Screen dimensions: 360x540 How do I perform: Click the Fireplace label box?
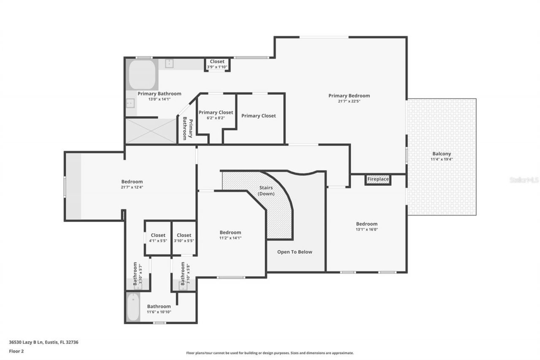(x=378, y=179)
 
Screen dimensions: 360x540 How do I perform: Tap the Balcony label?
(x=441, y=154)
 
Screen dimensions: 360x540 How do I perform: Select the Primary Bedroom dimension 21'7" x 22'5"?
(x=349, y=101)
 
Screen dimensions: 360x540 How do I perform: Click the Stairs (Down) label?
(x=266, y=191)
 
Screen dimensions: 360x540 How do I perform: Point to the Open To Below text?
(x=294, y=252)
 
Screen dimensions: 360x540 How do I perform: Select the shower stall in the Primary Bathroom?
(x=151, y=131)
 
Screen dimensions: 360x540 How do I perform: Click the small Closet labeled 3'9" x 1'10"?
(x=217, y=64)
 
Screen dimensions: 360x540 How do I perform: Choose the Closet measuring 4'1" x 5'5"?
(x=158, y=238)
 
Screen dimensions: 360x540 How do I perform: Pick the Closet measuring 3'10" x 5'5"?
(x=184, y=238)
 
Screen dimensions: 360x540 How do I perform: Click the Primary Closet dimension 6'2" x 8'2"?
(x=216, y=118)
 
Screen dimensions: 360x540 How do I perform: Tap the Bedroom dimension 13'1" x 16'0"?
(x=366, y=230)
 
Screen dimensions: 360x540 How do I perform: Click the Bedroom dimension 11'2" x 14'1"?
(x=230, y=238)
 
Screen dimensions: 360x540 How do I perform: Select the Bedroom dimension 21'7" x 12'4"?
(x=132, y=187)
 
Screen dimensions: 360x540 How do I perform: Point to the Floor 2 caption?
(x=16, y=351)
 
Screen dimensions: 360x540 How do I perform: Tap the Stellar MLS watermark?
(x=524, y=180)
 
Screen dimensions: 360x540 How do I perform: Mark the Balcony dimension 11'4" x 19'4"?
(x=441, y=160)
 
